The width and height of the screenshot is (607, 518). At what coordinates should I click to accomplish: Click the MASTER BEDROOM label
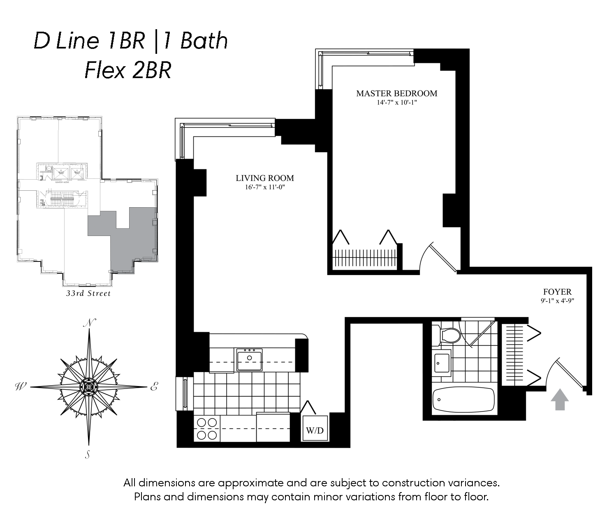click(x=396, y=93)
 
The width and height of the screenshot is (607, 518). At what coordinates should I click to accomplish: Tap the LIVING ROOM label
click(x=265, y=178)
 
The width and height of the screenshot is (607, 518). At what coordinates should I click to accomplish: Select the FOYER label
click(x=557, y=292)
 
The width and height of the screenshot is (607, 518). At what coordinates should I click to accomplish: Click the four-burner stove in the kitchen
click(x=206, y=428)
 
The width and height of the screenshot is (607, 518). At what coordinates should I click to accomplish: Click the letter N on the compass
click(x=88, y=323)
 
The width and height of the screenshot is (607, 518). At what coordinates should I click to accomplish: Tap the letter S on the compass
click(x=88, y=454)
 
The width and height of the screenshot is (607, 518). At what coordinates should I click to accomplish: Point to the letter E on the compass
click(x=153, y=387)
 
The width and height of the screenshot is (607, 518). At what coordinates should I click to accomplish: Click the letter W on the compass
click(x=20, y=386)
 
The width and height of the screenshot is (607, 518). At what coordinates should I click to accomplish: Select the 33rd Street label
click(x=88, y=294)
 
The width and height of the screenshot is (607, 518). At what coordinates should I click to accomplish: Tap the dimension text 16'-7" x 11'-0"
click(x=264, y=187)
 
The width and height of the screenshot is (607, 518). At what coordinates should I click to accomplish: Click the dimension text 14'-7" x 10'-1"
click(x=396, y=102)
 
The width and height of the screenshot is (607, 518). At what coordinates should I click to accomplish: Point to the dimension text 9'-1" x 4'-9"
click(x=557, y=301)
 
